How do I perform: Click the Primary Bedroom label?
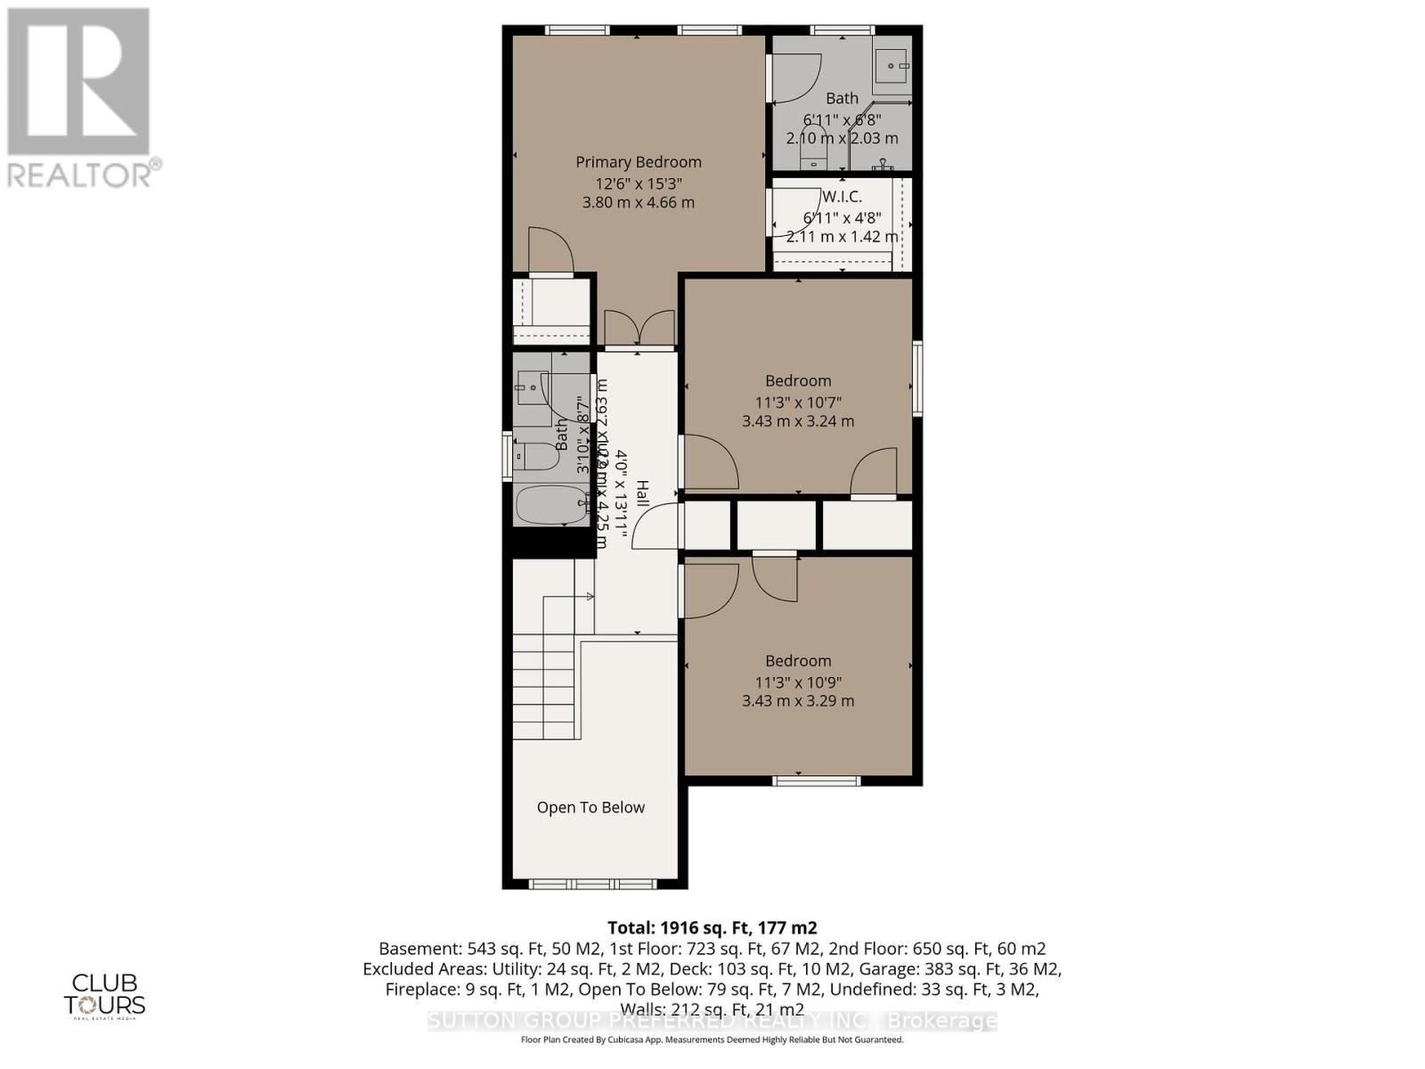[638, 162]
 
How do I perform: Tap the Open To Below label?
[590, 807]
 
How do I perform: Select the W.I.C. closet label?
[842, 196]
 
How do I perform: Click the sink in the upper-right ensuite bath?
[892, 65]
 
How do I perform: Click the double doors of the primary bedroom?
[639, 328]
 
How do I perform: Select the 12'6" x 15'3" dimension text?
[638, 184]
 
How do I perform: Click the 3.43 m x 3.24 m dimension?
[798, 420]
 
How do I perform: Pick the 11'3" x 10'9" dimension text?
[798, 682]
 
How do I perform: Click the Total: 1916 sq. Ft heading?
[712, 927]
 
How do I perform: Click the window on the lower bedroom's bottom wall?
[816, 781]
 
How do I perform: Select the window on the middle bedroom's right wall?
[917, 378]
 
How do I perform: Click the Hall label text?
[642, 495]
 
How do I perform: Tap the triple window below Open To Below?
[592, 884]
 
